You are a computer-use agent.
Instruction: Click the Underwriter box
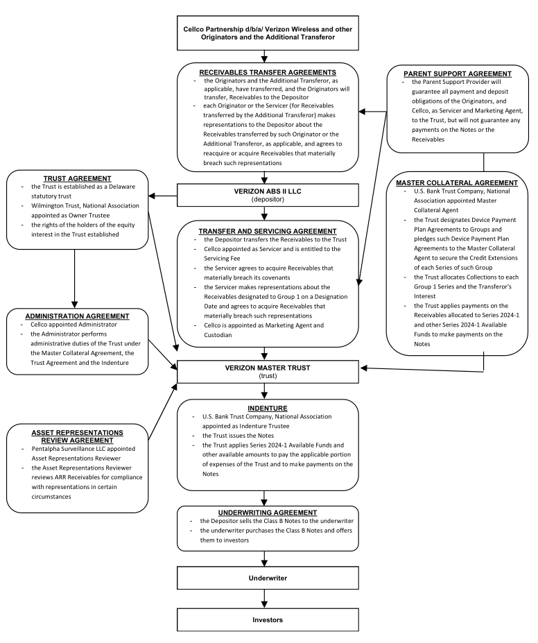(268, 578)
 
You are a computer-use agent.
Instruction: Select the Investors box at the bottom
(268, 619)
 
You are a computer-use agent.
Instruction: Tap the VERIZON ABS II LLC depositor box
(268, 195)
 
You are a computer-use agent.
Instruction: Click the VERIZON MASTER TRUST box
(268, 372)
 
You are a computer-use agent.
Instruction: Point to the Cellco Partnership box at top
(268, 33)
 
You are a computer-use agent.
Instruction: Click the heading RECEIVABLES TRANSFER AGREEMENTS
(268, 73)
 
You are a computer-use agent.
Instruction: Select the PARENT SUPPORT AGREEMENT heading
(458, 74)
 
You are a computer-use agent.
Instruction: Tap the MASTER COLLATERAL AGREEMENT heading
(457, 183)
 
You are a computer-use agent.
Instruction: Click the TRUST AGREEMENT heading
(78, 179)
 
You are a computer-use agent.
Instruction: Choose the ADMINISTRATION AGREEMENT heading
(78, 316)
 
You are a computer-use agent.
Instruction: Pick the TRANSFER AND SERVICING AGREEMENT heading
(268, 231)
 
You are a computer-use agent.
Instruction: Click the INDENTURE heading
(268, 409)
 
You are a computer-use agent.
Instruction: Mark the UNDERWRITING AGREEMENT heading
(268, 513)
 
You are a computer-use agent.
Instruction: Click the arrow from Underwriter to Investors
(264, 599)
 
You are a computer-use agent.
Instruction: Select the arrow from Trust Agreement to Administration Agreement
(75, 279)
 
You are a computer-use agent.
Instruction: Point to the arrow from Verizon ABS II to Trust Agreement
(163, 196)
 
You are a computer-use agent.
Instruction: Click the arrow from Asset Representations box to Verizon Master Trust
(163, 412)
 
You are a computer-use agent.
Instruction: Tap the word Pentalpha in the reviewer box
(44, 449)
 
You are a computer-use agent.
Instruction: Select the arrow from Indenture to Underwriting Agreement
(264, 498)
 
